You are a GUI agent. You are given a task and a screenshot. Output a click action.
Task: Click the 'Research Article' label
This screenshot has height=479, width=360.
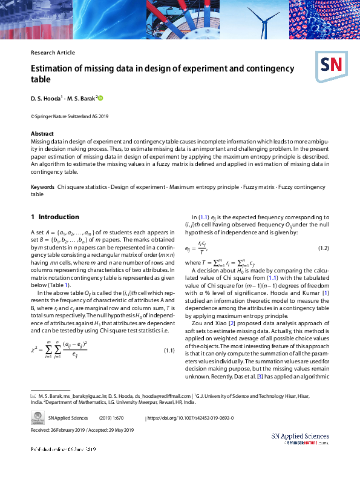(x=53, y=53)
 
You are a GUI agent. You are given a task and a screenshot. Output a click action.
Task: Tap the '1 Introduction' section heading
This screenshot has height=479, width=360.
(x=55, y=217)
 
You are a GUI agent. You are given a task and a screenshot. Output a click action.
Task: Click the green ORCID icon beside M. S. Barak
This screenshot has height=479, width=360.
(x=100, y=97)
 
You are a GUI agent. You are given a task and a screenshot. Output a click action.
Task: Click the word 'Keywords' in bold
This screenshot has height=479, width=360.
(x=42, y=188)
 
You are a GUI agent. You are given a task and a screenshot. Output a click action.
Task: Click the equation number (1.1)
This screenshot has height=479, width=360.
(x=170, y=351)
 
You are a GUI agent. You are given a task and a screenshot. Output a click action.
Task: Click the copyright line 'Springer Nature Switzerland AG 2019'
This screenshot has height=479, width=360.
(x=70, y=116)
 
